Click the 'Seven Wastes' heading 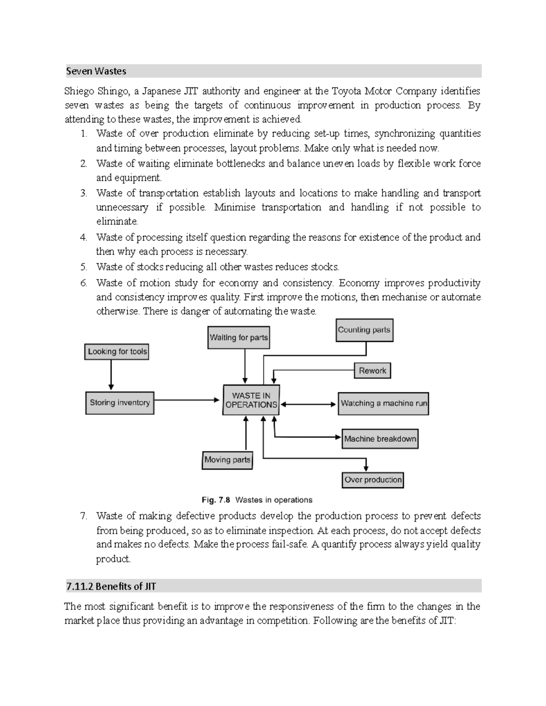[96, 71]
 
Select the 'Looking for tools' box [117, 351]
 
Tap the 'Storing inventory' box [120, 403]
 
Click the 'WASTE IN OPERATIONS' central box [251, 400]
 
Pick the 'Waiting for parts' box [238, 338]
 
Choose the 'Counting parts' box [364, 330]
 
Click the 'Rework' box [372, 371]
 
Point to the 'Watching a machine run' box [383, 403]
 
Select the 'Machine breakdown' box [379, 439]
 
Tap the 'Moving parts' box [227, 460]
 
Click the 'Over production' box [373, 480]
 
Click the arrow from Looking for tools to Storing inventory [111, 375]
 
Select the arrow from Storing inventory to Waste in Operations [187, 400]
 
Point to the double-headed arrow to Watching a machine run [308, 404]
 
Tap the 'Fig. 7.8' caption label [216, 500]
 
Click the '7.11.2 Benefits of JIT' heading [111, 586]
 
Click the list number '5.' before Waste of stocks [83, 267]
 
